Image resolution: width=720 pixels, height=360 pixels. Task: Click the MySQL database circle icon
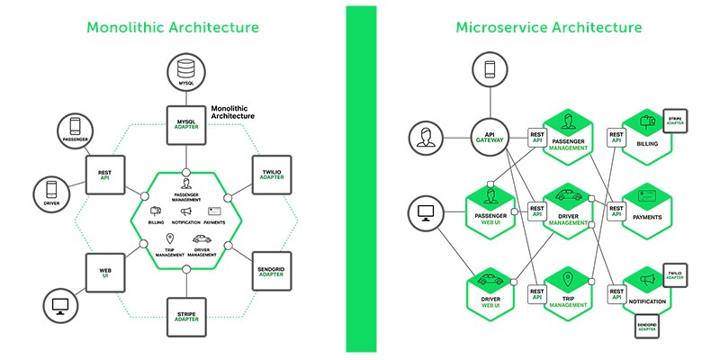pyautogui.click(x=185, y=71)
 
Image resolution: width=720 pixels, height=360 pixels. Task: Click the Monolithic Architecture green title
pyautogui.click(x=172, y=27)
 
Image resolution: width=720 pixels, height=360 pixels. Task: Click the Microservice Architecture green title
pyautogui.click(x=549, y=27)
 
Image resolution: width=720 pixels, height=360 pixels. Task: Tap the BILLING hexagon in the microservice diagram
pyautogui.click(x=647, y=141)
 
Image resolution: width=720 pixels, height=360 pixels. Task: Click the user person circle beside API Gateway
pyautogui.click(x=427, y=139)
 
